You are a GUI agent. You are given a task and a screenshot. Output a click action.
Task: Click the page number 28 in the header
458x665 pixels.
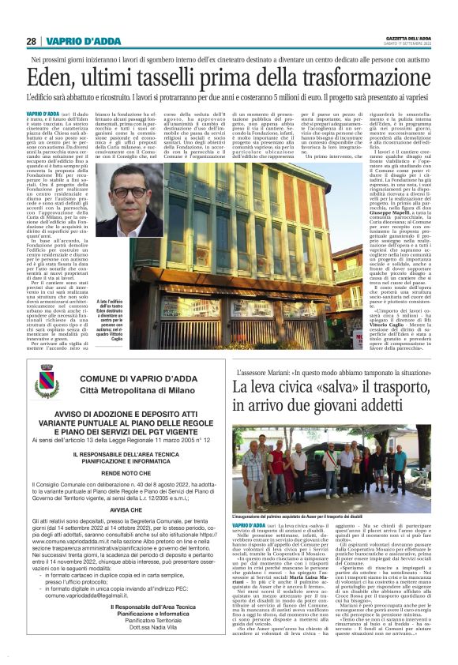point(32,41)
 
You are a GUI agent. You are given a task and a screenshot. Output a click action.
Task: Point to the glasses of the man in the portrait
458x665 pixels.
point(127,192)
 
